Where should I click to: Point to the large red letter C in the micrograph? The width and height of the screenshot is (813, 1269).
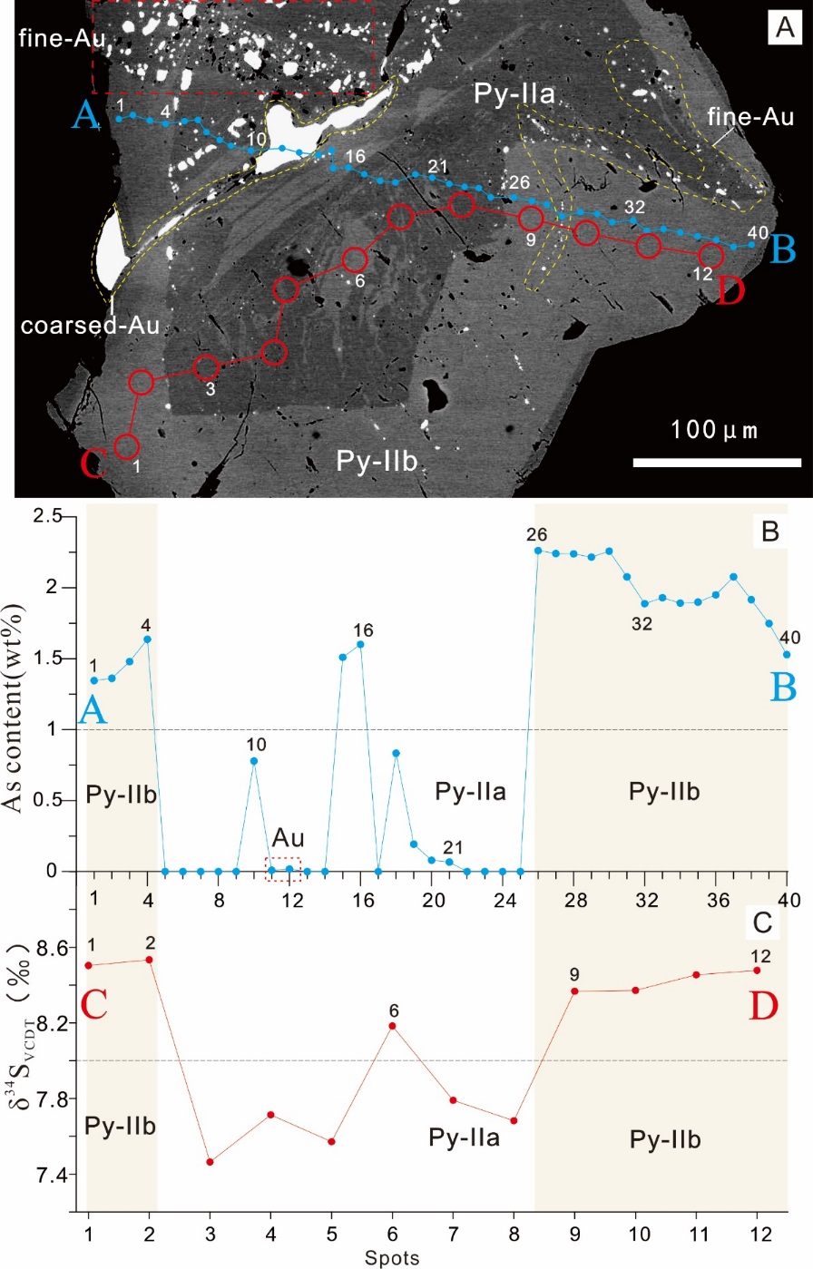coord(92,463)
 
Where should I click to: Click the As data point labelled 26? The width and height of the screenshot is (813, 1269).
coord(538,551)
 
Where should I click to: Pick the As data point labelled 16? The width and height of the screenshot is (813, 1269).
coord(360,644)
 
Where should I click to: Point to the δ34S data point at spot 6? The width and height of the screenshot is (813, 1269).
coord(392,1026)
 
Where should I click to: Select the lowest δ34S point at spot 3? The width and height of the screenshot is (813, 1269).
coord(210,1162)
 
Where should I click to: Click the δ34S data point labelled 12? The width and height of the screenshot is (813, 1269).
coord(757,971)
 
